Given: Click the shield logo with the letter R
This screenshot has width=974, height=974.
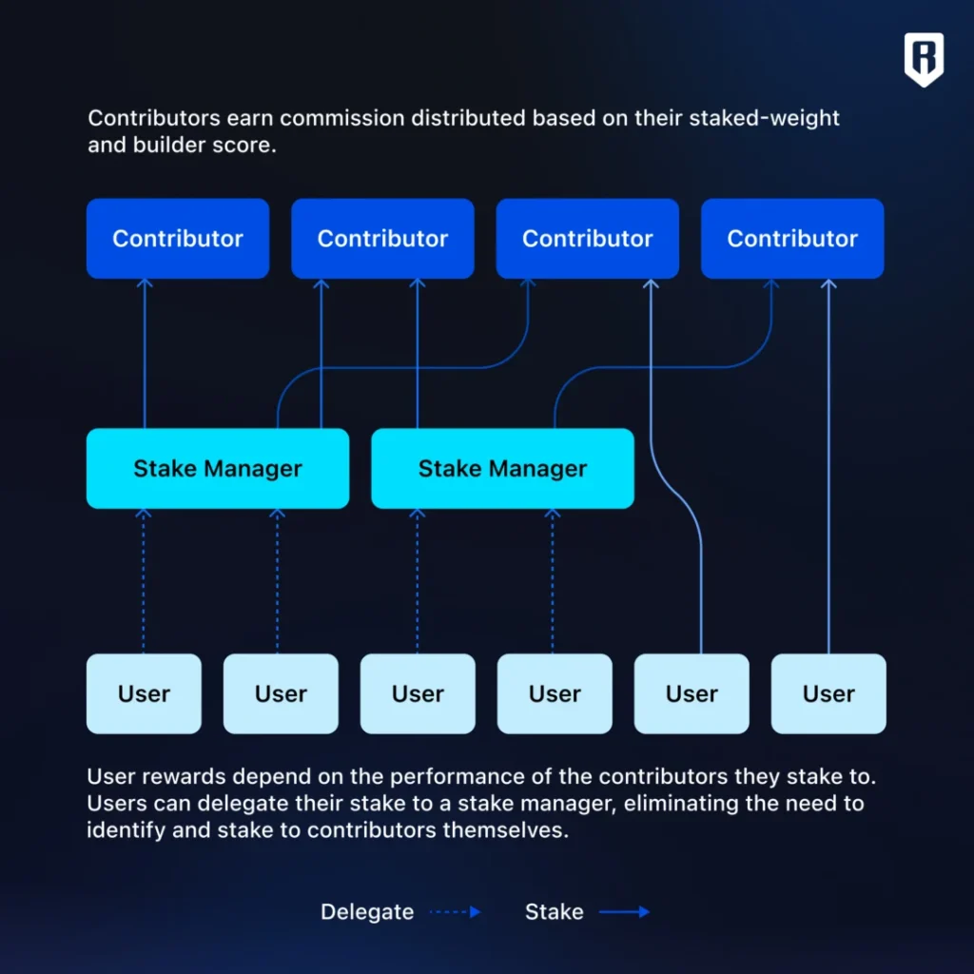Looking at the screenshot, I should point(924,59).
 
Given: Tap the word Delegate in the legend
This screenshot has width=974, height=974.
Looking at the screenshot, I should point(367,912).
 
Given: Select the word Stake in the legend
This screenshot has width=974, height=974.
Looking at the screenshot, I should point(554,912).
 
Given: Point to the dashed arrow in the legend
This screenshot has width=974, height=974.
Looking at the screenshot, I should point(456,912).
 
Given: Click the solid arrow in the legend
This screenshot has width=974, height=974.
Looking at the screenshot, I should point(624,912).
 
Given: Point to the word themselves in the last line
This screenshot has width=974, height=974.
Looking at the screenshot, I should point(507,829).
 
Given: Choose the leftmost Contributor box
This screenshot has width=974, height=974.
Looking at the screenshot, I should point(178,239).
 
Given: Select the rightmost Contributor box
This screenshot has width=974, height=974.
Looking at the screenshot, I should point(792,239).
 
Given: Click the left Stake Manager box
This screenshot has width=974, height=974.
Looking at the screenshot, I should point(218,468).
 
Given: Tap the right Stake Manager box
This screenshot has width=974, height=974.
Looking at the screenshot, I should point(502,468).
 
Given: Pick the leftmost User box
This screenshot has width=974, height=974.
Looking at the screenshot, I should point(144,693).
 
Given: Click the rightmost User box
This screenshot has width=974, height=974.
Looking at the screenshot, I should point(828,693).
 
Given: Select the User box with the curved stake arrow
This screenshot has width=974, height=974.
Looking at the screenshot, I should point(692,693).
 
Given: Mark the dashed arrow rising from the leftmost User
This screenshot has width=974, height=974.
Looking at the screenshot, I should point(144,580).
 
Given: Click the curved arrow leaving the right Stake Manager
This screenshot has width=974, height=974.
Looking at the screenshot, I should point(666,366).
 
